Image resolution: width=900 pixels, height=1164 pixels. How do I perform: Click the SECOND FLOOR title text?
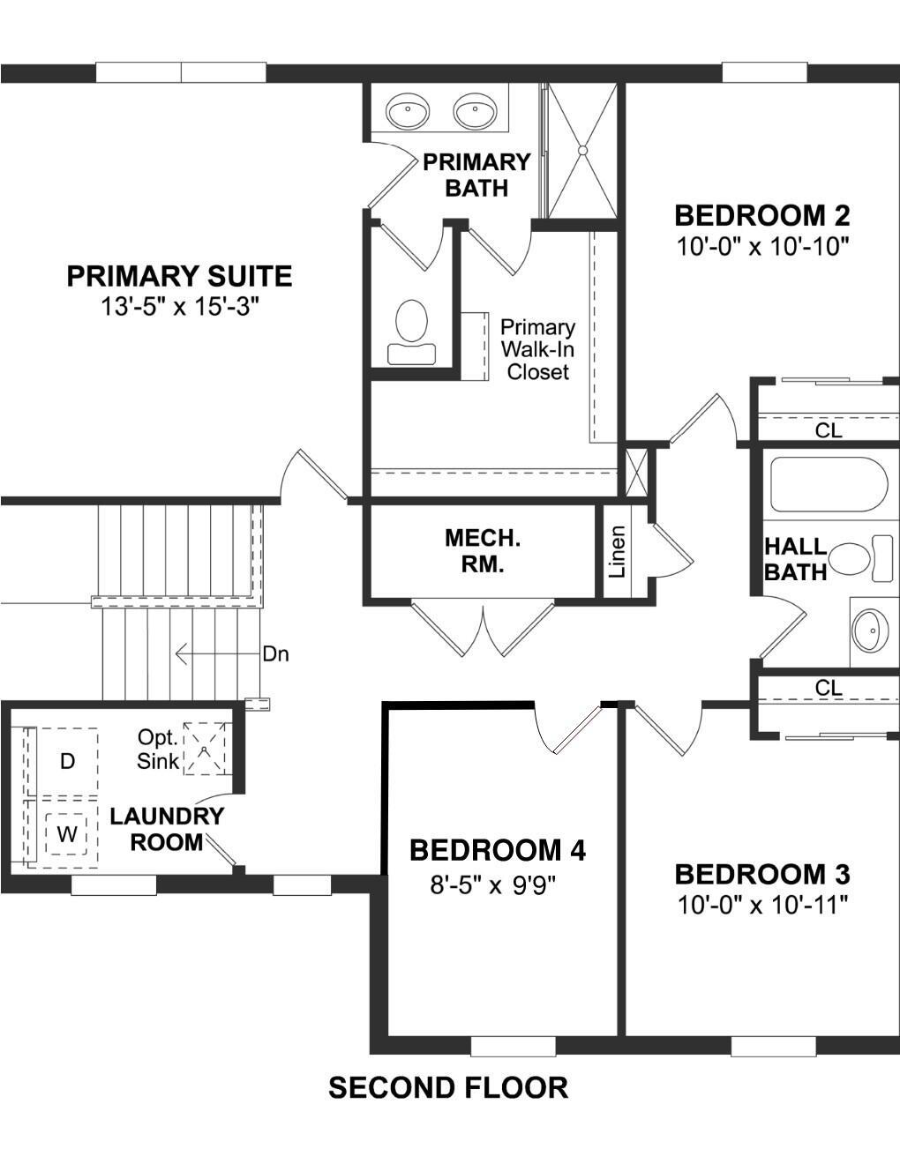point(448,1087)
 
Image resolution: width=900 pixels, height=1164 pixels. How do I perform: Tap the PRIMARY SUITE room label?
point(179,276)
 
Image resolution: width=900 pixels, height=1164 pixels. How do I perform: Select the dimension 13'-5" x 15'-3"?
point(179,307)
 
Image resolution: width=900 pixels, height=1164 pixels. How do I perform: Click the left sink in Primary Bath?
point(408,112)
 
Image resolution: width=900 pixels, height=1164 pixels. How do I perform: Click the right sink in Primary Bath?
point(476,112)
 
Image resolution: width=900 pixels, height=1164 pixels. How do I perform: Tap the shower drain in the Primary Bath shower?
point(582,151)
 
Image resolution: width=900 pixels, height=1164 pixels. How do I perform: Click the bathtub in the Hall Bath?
point(826,484)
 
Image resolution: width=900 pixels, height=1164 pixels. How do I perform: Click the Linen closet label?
point(619,552)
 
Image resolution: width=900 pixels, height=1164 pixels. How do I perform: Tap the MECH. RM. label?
point(482,551)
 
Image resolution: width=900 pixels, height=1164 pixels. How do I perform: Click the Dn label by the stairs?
point(275,654)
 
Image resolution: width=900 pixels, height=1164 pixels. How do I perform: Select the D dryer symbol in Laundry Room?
point(67,761)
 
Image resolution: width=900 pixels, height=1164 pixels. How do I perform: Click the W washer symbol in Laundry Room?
point(66,833)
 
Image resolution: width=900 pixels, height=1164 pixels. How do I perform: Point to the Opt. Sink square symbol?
point(205,750)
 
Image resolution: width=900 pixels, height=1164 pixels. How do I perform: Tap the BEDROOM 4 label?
point(498,850)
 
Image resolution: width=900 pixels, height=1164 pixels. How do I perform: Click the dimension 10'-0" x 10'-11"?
point(762,905)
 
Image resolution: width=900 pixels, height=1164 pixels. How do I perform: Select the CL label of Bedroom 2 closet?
point(829,430)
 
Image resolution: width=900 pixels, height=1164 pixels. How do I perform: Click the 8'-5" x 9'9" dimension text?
point(493,884)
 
